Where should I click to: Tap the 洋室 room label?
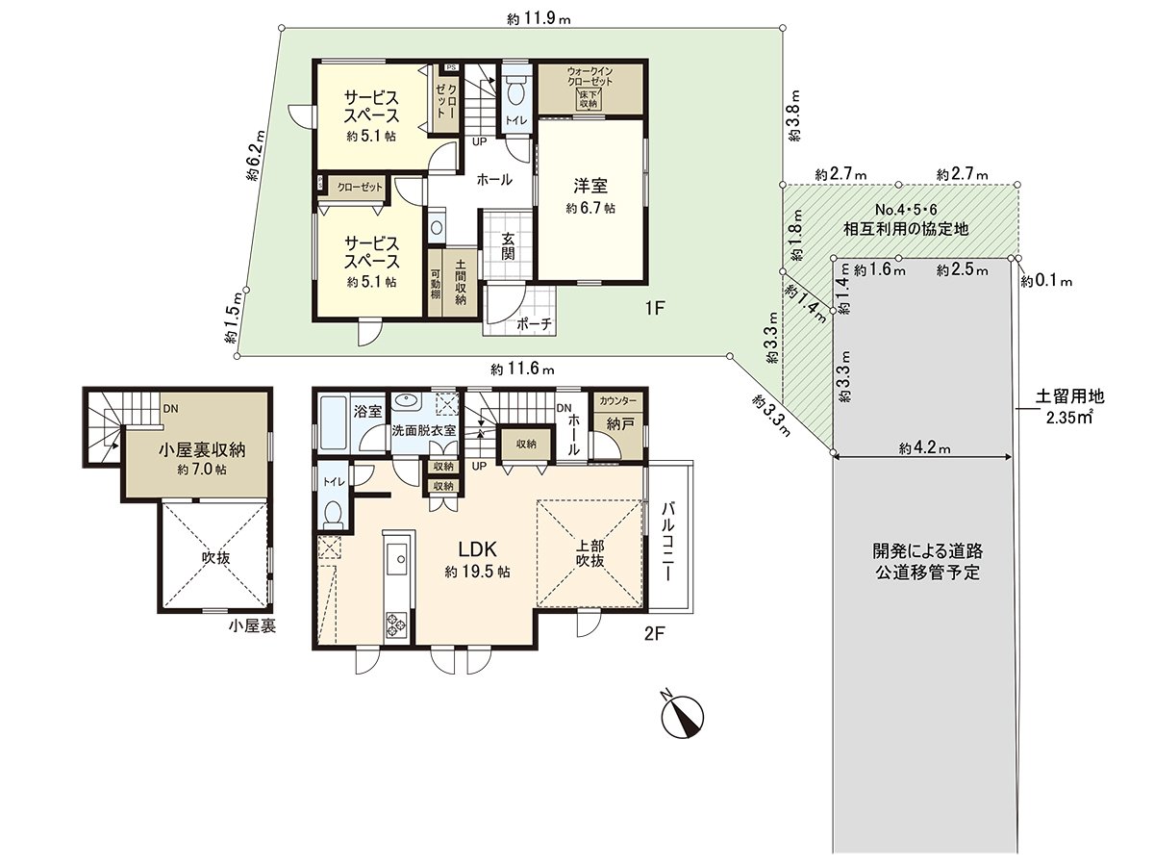590,186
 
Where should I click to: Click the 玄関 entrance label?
507,247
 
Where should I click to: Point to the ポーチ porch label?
534,324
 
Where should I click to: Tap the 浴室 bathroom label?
367,411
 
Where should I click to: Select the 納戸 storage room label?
618,422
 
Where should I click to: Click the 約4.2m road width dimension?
925,448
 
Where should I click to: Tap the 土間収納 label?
461,283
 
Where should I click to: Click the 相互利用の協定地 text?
900,229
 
